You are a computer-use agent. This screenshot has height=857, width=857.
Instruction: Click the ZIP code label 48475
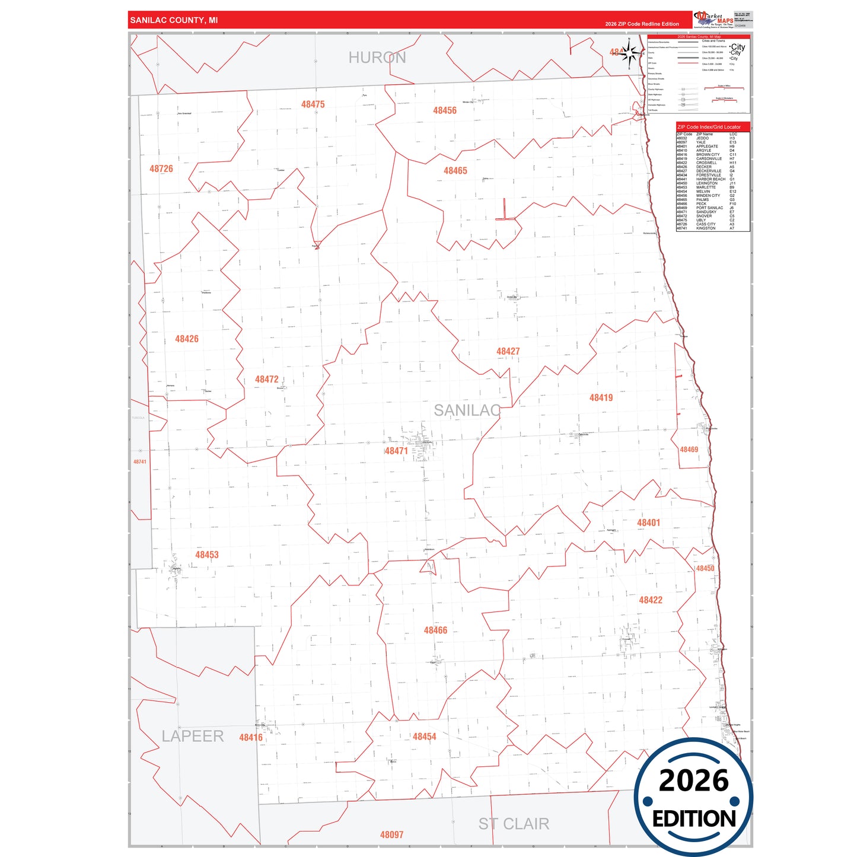(313, 104)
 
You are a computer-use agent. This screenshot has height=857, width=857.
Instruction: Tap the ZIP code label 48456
(445, 110)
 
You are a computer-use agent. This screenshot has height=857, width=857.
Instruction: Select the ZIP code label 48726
(161, 169)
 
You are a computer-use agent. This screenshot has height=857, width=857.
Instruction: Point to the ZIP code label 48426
(187, 339)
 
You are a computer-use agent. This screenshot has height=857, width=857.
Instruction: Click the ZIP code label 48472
(267, 379)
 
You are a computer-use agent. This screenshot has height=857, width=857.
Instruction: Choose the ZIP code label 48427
(508, 351)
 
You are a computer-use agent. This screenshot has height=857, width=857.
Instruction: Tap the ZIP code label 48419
(601, 397)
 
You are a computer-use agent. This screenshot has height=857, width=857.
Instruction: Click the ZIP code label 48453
(207, 555)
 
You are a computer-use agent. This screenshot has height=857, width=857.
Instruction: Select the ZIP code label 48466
(435, 630)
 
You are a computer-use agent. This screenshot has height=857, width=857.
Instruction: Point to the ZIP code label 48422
(651, 600)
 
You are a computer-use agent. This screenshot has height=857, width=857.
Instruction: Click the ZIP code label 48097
(391, 834)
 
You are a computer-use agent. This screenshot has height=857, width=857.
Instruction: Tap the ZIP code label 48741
(140, 461)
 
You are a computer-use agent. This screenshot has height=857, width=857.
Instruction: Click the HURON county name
(377, 58)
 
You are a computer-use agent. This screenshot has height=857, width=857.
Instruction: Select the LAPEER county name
(193, 736)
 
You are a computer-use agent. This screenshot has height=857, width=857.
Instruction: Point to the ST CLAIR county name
(514, 824)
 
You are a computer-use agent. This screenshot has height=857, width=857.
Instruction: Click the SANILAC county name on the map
(467, 410)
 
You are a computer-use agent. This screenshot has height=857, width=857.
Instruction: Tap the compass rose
(630, 54)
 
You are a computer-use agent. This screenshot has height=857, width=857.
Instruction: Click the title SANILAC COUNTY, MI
(174, 20)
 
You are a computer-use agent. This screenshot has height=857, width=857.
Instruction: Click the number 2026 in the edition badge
(693, 780)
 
